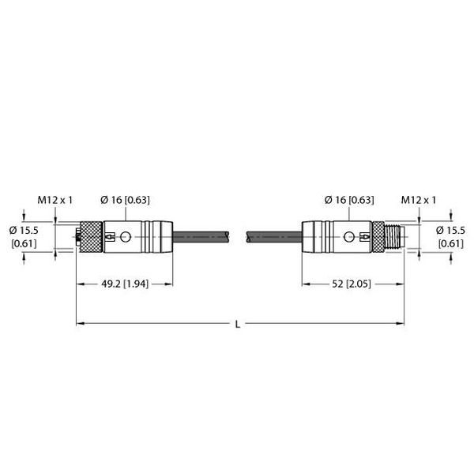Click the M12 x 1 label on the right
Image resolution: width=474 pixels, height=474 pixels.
pos(419,201)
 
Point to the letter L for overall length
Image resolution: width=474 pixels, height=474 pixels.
pos(239,324)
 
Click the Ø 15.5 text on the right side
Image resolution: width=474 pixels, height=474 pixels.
pos(451,229)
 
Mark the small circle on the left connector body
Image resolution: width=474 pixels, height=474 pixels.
pos(125,235)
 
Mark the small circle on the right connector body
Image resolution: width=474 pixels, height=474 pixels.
pos(348,235)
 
